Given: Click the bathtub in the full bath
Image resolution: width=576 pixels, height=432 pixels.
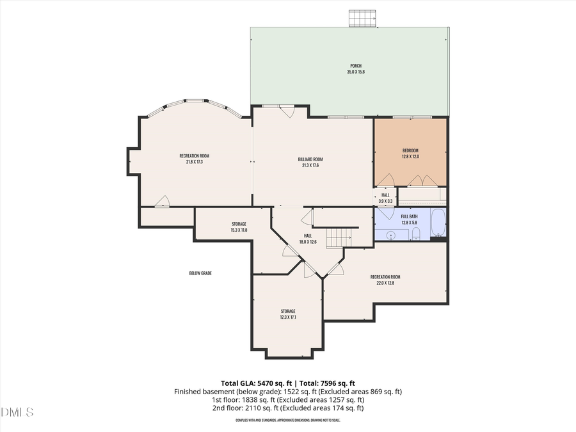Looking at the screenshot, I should pyautogui.click(x=438, y=223).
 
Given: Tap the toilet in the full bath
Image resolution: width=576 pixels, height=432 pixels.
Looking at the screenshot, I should pyautogui.click(x=416, y=232).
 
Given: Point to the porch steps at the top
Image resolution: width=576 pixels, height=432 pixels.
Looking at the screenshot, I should pyautogui.click(x=362, y=19).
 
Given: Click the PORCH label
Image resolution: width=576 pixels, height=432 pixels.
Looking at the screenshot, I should pyautogui.click(x=355, y=66).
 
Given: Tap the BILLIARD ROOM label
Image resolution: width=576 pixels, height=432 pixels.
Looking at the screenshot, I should pyautogui.click(x=310, y=159).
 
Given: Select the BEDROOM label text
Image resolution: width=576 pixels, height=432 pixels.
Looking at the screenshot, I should pyautogui.click(x=410, y=150).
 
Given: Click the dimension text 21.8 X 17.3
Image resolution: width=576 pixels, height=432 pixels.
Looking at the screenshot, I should pyautogui.click(x=195, y=162).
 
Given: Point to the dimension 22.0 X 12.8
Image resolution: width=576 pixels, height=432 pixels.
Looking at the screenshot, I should pyautogui.click(x=385, y=283).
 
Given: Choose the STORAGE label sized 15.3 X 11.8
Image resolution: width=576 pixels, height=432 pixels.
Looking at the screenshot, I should pyautogui.click(x=239, y=224).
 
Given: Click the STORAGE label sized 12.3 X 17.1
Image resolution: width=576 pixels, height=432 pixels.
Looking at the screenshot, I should pyautogui.click(x=287, y=311).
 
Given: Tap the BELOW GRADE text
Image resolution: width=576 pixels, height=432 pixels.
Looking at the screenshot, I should pyautogui.click(x=200, y=273).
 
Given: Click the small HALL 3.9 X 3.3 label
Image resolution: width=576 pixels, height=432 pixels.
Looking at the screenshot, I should pyautogui.click(x=385, y=195).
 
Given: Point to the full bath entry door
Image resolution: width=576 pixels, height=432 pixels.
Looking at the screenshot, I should pyautogui.click(x=387, y=213).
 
